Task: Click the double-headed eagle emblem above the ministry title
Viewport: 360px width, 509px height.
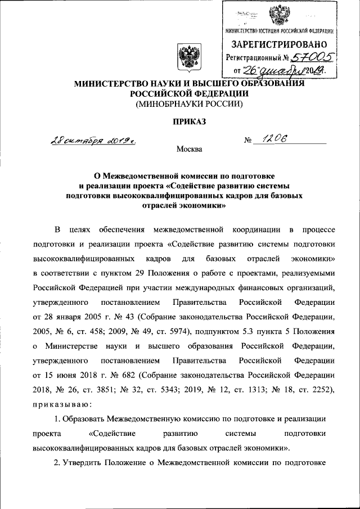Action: [x=186, y=57]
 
